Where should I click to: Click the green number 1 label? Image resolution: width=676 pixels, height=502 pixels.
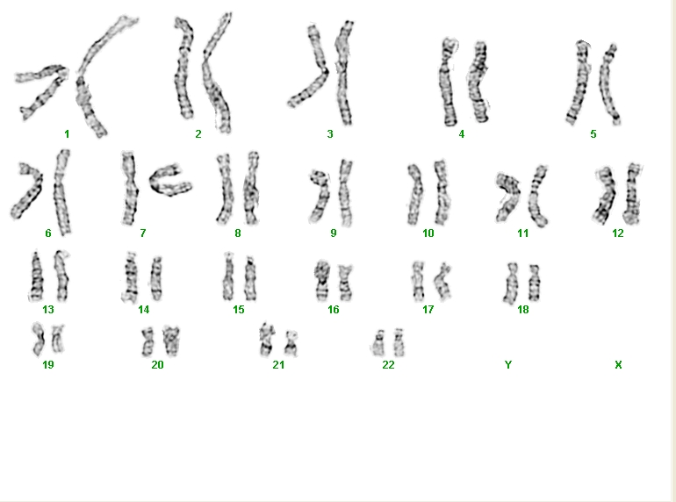click(x=67, y=134)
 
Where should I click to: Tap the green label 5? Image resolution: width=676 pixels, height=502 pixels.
click(x=593, y=134)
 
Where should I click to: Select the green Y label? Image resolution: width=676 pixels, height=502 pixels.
click(x=508, y=365)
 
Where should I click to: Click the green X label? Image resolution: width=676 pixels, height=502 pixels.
click(x=618, y=365)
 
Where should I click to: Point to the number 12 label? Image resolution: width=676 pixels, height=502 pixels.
click(x=618, y=233)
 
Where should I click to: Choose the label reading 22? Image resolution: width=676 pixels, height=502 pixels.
click(x=388, y=365)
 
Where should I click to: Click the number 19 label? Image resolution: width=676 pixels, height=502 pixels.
click(x=48, y=365)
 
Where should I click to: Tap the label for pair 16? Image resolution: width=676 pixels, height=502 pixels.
click(x=334, y=310)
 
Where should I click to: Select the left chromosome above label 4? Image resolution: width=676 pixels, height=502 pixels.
click(x=448, y=82)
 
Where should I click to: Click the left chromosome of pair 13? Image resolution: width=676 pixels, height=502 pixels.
click(x=37, y=276)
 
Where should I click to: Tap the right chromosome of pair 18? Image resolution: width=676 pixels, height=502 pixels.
click(x=534, y=283)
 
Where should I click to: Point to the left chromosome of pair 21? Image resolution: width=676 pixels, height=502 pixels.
click(x=266, y=339)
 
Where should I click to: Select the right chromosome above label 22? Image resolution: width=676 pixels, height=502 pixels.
click(x=399, y=342)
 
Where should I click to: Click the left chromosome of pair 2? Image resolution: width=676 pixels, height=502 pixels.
click(x=183, y=69)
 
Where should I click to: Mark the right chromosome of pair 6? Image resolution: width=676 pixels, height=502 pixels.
click(x=61, y=191)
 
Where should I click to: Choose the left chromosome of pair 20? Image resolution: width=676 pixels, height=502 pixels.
click(x=147, y=341)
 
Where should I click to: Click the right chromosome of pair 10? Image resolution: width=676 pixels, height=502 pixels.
click(x=442, y=192)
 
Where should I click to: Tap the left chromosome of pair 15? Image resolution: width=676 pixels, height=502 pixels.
click(x=228, y=277)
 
